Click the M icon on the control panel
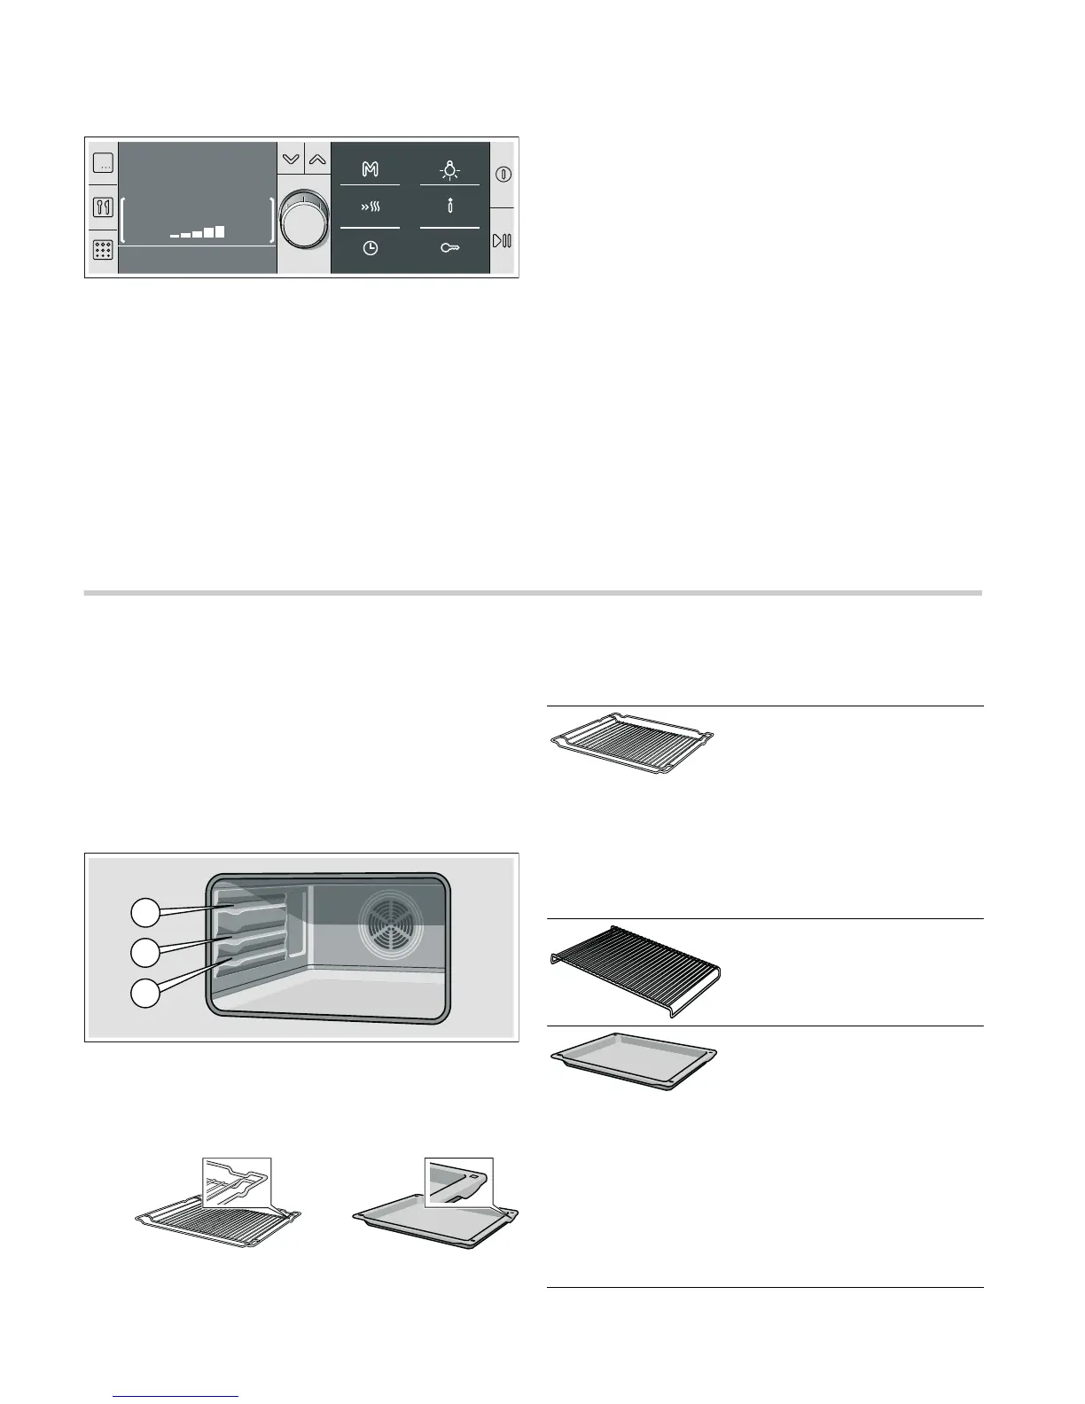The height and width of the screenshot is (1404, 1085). pyautogui.click(x=371, y=169)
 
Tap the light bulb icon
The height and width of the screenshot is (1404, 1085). pyautogui.click(x=449, y=169)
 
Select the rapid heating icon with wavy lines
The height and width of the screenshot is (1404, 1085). pyautogui.click(x=371, y=209)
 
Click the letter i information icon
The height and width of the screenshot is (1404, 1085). pyautogui.click(x=449, y=208)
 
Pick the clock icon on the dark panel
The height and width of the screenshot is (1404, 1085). pyautogui.click(x=371, y=249)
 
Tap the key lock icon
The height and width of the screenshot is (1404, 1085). pyautogui.click(x=449, y=249)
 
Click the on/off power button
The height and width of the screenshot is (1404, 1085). pyautogui.click(x=503, y=174)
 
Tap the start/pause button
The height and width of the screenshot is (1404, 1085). pyautogui.click(x=503, y=240)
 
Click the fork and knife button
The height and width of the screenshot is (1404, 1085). pyautogui.click(x=103, y=208)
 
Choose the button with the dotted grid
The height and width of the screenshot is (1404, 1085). pyautogui.click(x=103, y=251)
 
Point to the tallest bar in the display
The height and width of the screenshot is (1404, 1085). pyautogui.click(x=219, y=232)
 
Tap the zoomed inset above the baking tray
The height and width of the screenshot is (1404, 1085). pyautogui.click(x=458, y=1182)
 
